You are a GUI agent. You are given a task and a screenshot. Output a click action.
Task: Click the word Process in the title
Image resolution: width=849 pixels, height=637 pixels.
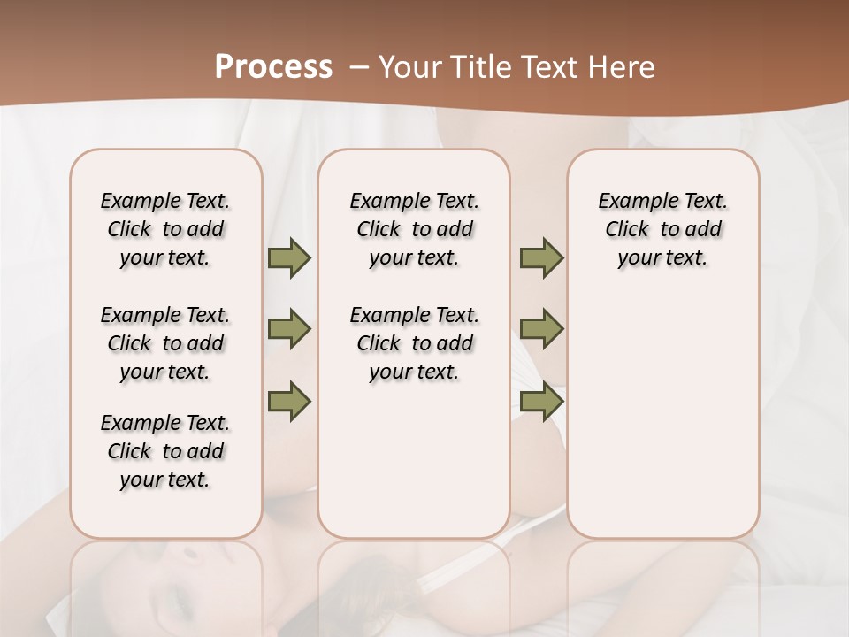pos(273,67)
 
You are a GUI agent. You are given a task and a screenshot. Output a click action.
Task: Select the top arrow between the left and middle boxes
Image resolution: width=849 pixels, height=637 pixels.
pos(289,257)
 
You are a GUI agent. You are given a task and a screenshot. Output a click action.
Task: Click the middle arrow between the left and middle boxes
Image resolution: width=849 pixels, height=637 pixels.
pos(289,329)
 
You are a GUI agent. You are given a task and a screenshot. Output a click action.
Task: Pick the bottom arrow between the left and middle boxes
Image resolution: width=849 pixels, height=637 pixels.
pos(289,401)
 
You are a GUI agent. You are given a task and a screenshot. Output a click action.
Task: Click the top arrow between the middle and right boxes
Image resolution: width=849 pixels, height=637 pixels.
pos(541,257)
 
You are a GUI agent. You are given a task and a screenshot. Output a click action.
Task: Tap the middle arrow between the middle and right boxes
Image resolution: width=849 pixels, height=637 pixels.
pos(541,329)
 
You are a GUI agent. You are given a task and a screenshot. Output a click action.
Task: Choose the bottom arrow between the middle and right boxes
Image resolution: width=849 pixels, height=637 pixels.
pos(541,401)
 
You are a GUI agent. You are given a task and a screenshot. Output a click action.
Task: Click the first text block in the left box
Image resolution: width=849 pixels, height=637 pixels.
pos(165,229)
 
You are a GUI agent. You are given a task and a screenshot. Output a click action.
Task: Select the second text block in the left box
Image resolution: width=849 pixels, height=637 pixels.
pos(165,343)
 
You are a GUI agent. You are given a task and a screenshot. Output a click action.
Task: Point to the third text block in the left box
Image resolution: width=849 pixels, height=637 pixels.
pos(165,451)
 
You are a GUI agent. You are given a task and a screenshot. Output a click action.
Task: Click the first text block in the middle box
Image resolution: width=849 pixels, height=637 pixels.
pos(414,229)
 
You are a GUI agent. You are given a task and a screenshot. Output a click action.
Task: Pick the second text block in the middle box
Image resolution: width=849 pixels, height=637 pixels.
pos(414,343)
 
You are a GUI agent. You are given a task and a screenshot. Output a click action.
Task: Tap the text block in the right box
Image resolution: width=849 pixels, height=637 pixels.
pos(663,229)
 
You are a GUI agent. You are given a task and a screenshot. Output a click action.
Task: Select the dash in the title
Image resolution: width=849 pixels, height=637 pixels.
pos(359,67)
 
